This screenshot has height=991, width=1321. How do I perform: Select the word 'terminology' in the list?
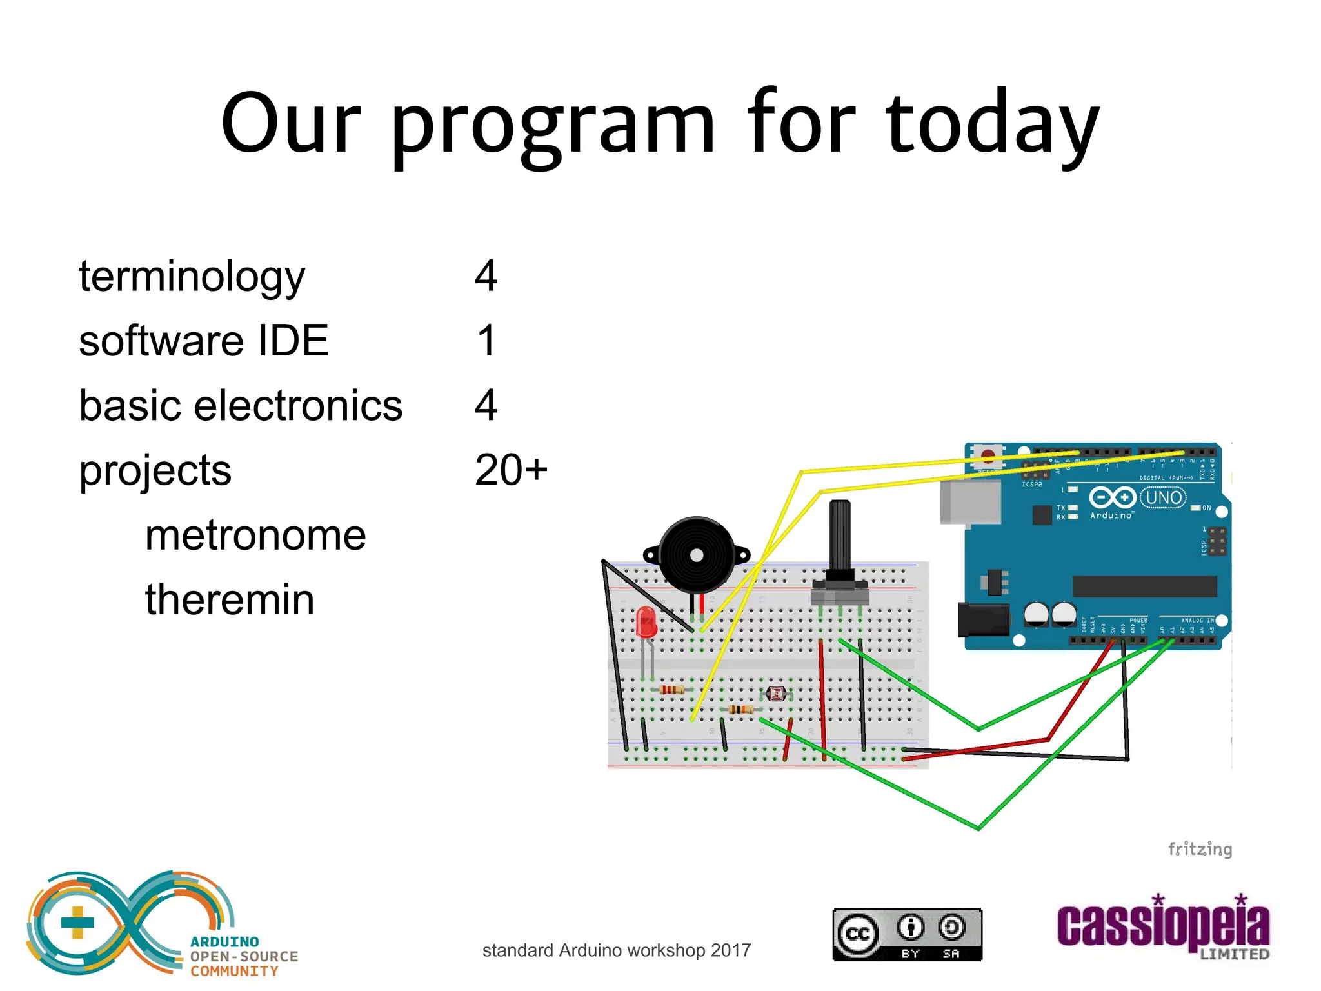point(192,277)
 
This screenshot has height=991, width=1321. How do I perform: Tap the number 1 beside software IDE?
point(486,341)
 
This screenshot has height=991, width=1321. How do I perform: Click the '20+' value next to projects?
point(510,470)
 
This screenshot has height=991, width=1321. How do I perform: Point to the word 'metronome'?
point(255,535)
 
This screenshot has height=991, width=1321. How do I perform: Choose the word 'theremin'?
point(230,599)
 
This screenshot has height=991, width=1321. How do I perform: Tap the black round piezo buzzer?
point(697,555)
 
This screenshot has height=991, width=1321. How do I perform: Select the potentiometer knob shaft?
point(840,536)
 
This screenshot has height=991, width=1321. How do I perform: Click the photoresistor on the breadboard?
point(776,694)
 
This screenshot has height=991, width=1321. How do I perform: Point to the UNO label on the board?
point(1164,497)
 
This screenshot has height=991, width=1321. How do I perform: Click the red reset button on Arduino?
point(988,456)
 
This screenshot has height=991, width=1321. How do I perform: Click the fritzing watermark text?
point(1200,849)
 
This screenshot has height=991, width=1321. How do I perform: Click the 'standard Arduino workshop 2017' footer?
point(616,950)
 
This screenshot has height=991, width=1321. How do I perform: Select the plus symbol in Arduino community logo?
point(77,922)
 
